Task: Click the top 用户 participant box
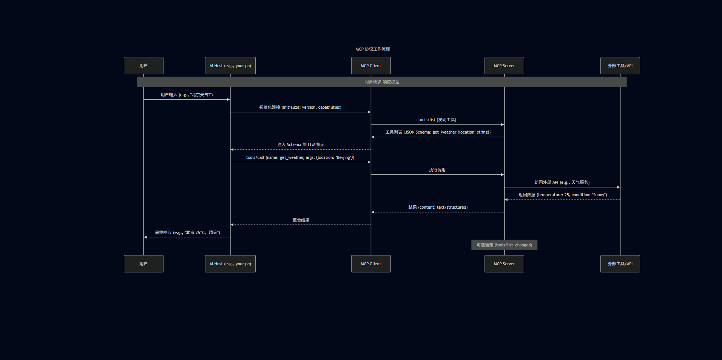click(143, 66)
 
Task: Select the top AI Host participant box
click(230, 66)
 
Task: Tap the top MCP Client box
click(371, 66)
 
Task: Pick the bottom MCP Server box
click(504, 264)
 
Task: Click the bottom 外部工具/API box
click(620, 264)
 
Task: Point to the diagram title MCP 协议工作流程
click(372, 49)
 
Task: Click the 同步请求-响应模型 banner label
click(382, 82)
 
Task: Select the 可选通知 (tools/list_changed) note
click(504, 245)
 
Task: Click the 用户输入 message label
click(187, 95)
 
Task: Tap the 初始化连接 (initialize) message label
click(300, 107)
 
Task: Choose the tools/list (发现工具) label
click(437, 120)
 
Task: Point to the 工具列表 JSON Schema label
click(438, 132)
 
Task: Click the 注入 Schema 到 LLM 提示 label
click(301, 145)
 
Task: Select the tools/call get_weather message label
click(300, 157)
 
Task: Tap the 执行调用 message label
click(437, 170)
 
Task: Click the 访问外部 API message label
click(562, 182)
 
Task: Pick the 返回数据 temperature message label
click(563, 195)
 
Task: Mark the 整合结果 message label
click(301, 220)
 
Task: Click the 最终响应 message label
click(187, 232)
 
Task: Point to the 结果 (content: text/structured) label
click(438, 207)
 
